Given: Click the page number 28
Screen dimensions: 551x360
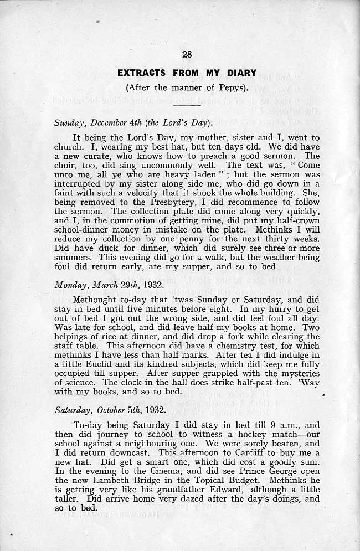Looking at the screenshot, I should coord(187,54).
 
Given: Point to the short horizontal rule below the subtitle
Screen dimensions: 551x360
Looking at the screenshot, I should coord(187,105).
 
